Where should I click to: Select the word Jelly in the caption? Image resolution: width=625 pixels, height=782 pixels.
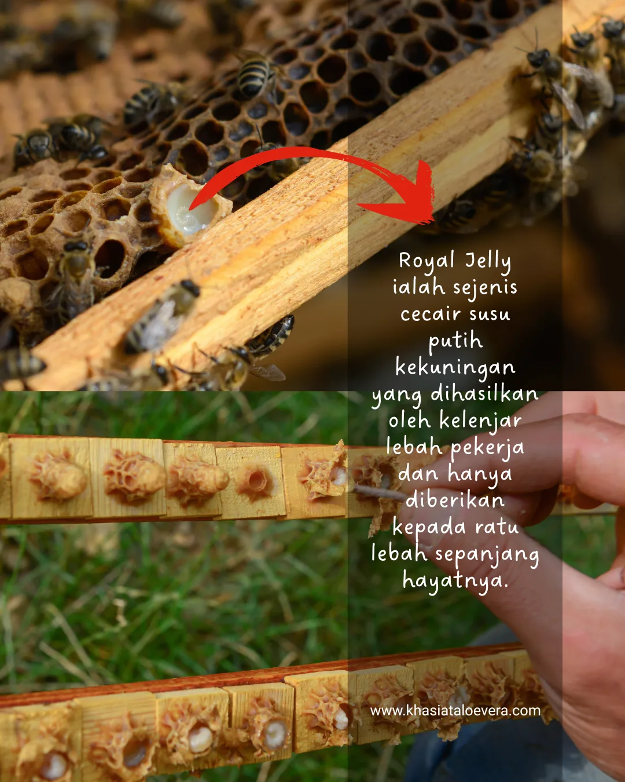pos(488,261)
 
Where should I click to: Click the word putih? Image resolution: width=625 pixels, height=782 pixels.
pos(455,341)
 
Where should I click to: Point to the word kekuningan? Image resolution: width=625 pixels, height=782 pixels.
pos(455,368)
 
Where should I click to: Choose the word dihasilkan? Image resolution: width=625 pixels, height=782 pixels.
pos(484,394)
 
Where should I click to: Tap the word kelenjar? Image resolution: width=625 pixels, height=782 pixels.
pos(480,421)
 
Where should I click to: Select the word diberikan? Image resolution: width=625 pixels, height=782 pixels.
pos(455,500)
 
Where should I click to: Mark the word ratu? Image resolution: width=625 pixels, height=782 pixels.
pos(497,527)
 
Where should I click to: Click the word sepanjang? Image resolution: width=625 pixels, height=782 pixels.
pos(487,554)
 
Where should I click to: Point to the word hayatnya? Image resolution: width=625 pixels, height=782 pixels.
pos(455,580)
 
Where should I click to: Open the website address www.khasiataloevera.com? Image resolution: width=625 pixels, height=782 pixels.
pos(455,711)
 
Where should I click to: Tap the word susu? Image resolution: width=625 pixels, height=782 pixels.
pos(490,314)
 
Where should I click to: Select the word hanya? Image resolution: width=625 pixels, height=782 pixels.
pos(480,474)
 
